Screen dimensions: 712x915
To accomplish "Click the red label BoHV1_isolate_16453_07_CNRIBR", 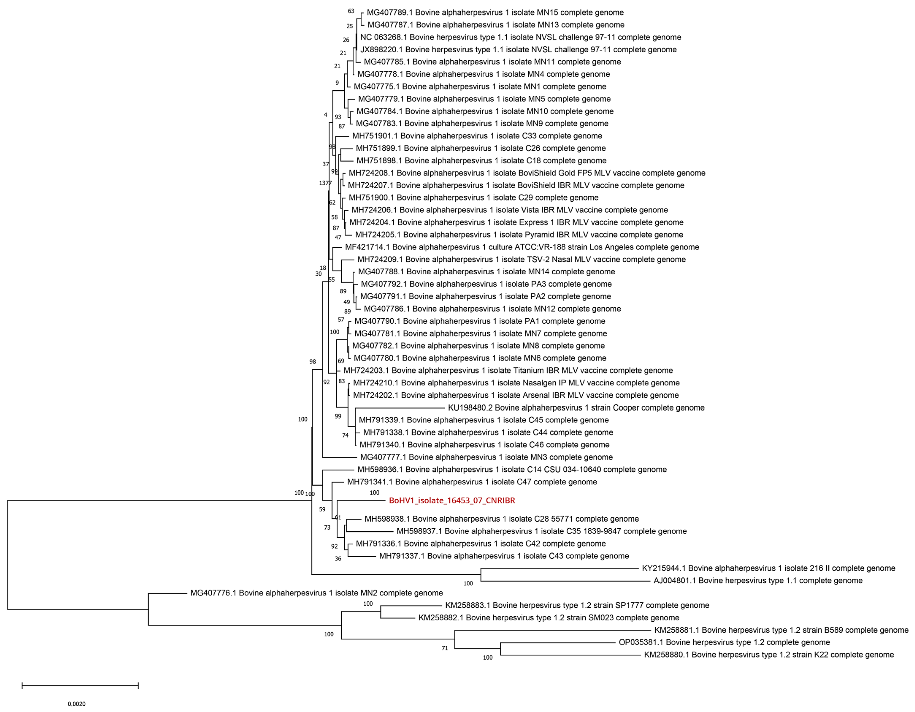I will [x=452, y=500].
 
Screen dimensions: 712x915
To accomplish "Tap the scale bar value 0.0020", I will [x=77, y=704].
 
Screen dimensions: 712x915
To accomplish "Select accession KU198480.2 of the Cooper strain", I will [x=576, y=408].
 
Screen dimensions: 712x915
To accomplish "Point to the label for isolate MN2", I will [x=316, y=593].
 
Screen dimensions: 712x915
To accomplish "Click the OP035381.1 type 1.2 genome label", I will [x=724, y=642].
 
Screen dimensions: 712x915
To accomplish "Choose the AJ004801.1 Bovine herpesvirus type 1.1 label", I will [x=758, y=581].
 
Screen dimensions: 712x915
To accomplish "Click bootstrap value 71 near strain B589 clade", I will [x=444, y=648].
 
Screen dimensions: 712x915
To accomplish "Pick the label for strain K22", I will [x=768, y=655].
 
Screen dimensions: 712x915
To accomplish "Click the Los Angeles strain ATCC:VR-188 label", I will [x=522, y=247].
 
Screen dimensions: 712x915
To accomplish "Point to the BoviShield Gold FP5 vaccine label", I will [x=527, y=173].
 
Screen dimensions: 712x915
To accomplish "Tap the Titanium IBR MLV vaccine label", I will [x=508, y=370].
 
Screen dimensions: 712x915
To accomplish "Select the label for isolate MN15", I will [x=495, y=13].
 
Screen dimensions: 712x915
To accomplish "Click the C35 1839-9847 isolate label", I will [x=541, y=531].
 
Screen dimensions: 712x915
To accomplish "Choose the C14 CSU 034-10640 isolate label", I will [x=512, y=470].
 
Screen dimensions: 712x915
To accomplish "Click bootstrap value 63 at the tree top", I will [x=351, y=11].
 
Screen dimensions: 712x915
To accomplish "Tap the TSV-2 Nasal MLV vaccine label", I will [x=521, y=259].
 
